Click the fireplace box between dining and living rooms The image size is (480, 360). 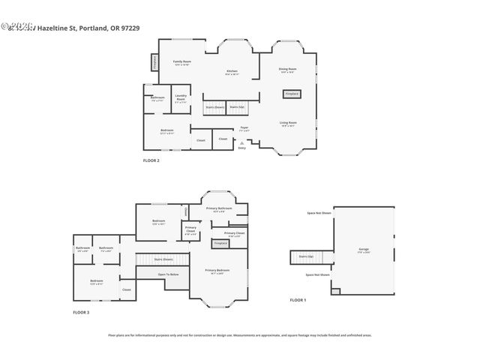[291, 94]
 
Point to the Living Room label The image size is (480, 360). [289, 123]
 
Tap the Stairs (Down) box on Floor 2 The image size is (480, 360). [215, 107]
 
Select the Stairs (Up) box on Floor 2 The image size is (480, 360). [237, 107]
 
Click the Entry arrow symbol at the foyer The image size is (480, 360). [241, 142]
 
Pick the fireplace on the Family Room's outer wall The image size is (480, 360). [155, 62]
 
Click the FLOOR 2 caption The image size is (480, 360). [151, 160]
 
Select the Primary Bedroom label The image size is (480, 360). [217, 271]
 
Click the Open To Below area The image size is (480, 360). [168, 274]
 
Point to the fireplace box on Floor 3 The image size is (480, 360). [220, 244]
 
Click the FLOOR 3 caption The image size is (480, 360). [81, 312]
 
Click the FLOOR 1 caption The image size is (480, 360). [298, 300]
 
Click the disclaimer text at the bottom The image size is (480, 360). [240, 335]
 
